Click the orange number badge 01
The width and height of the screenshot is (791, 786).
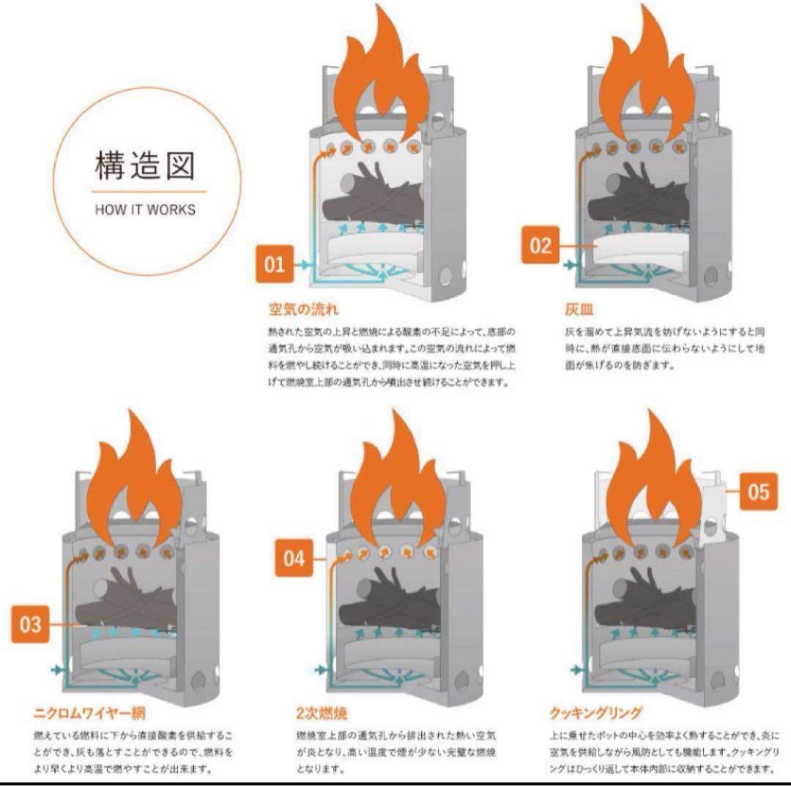click(x=274, y=263)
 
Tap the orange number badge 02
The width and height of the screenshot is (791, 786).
click(x=540, y=245)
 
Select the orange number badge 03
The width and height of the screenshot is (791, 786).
click(x=30, y=624)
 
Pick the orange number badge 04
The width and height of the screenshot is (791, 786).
click(x=294, y=559)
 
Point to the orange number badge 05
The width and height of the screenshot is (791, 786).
click(x=759, y=492)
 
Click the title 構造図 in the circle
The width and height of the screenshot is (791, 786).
click(x=145, y=168)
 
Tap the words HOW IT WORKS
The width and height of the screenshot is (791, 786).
click(x=145, y=209)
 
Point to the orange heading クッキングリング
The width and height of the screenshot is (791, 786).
click(x=595, y=712)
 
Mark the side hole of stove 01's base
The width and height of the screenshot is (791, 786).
click(x=445, y=277)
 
